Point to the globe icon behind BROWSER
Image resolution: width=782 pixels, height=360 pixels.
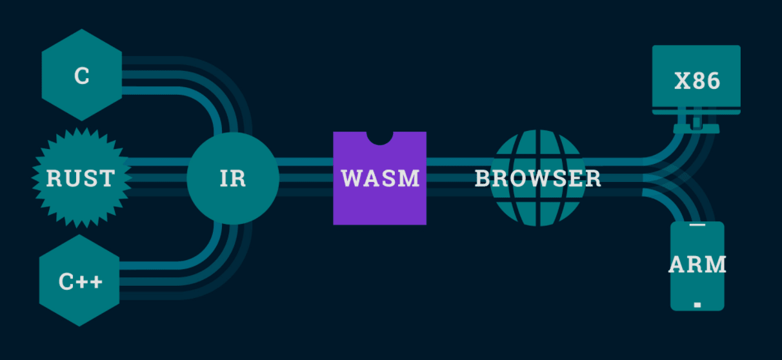point(537,148)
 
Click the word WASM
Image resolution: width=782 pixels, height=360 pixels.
point(380,178)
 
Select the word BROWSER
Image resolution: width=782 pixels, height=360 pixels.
point(537,179)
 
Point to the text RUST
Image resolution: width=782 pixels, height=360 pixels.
point(81,178)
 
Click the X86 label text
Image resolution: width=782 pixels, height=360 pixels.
point(697,82)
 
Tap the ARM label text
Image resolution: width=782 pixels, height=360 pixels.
point(697,265)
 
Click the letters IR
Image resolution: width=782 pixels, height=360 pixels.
point(232,179)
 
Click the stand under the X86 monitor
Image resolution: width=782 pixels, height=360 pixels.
point(696,126)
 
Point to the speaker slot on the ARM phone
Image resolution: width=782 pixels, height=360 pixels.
point(697,226)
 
